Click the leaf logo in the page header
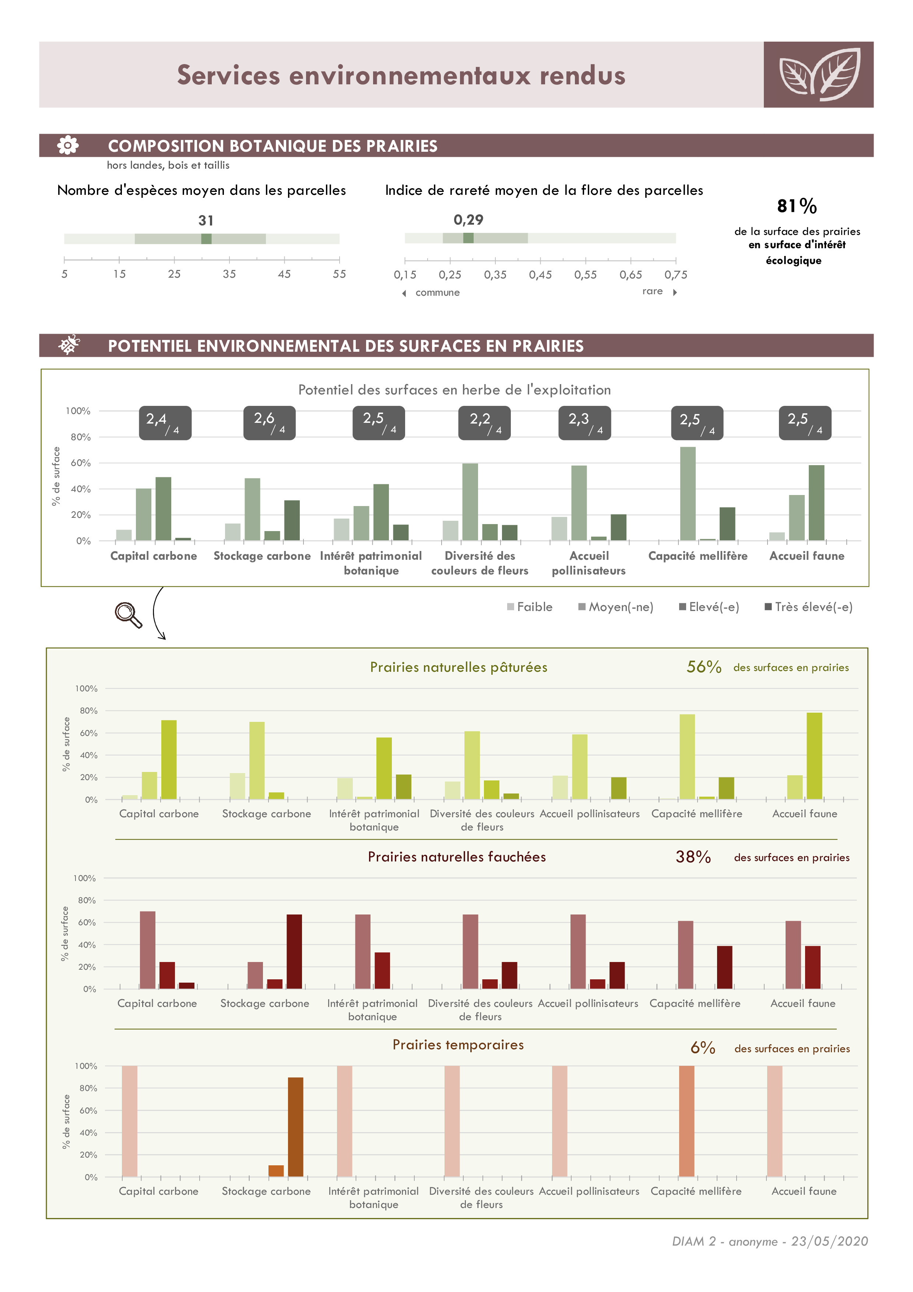[818, 75]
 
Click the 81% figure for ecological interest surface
[797, 206]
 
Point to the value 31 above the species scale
[206, 221]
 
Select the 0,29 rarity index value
[468, 220]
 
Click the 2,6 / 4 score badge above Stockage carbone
[270, 422]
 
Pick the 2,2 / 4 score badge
[485, 422]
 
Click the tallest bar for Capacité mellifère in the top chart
[688, 494]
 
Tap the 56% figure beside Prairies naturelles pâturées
[704, 667]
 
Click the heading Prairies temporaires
[458, 1045]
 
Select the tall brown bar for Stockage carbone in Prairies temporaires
[295, 1127]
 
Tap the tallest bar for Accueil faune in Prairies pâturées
[814, 756]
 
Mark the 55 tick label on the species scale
[339, 274]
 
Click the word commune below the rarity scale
[437, 292]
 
